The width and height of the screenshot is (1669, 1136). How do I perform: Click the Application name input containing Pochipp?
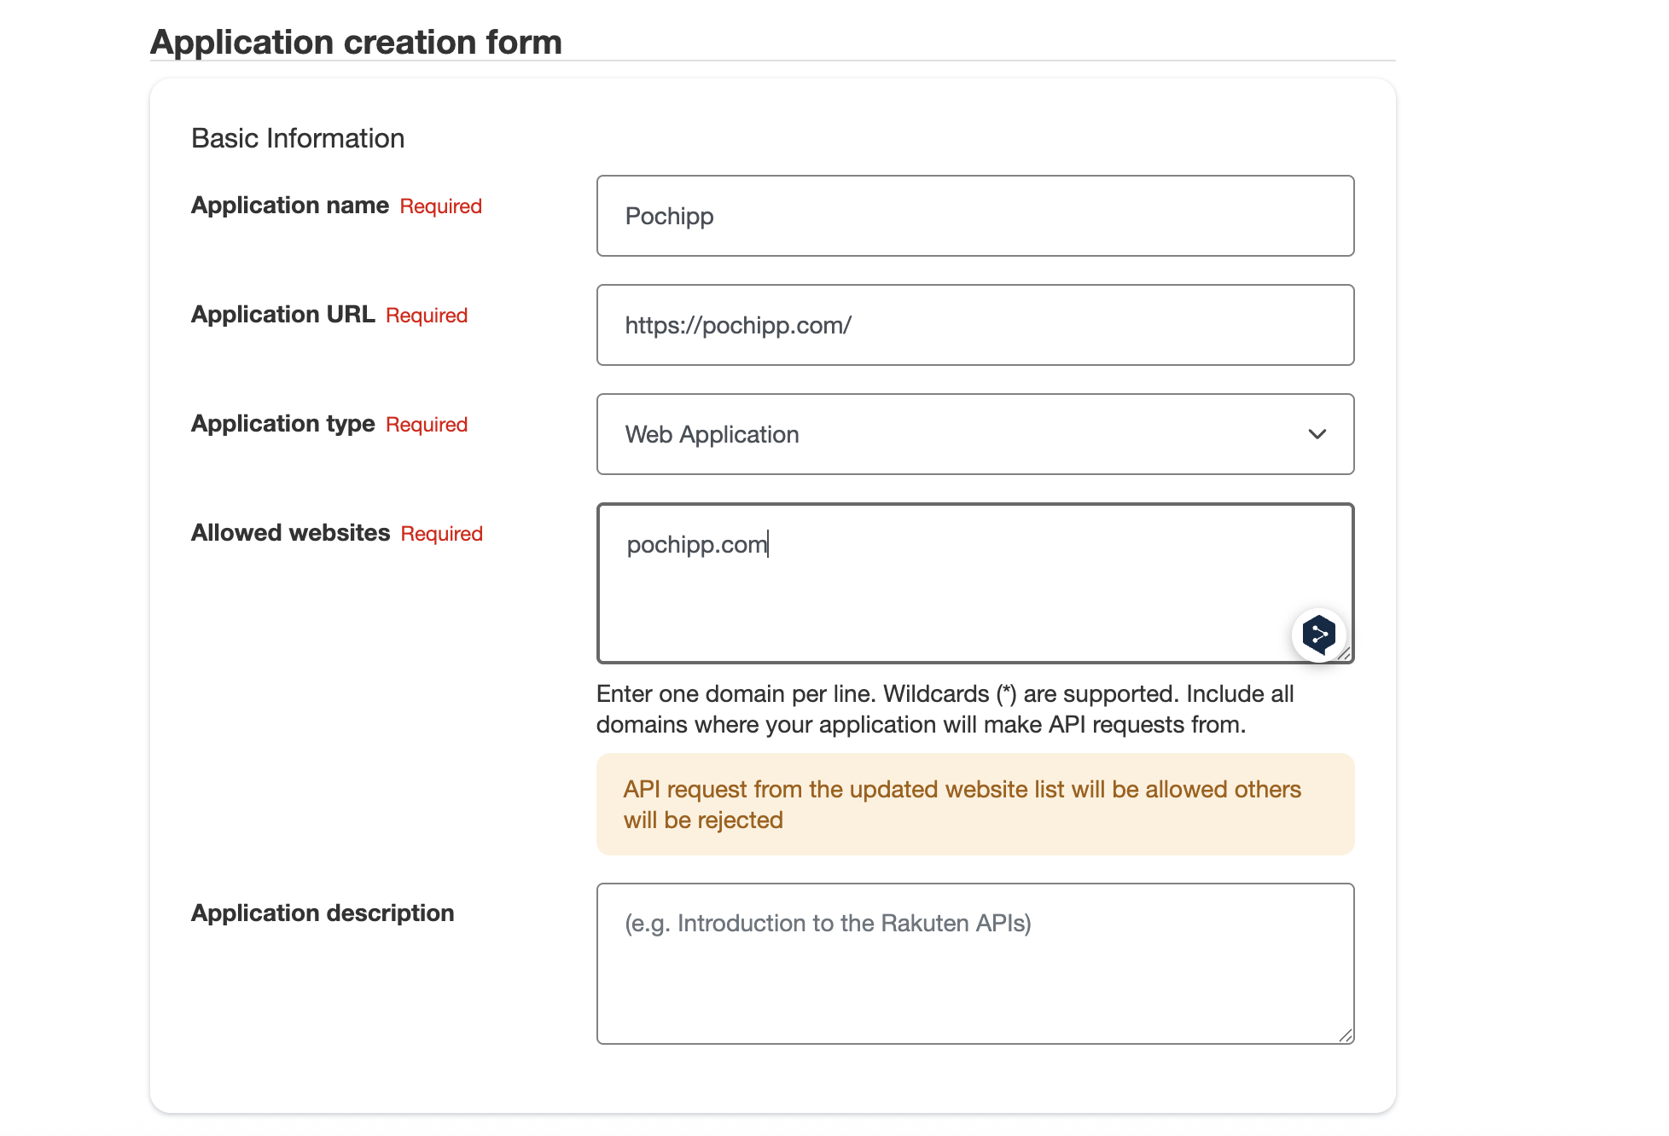974,216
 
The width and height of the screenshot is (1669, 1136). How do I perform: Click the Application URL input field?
974,325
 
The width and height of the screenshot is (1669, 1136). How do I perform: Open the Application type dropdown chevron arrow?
1317,434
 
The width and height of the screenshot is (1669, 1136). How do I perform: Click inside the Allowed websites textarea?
939,588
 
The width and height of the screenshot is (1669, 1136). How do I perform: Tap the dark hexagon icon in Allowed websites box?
1319,635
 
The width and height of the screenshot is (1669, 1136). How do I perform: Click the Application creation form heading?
356,42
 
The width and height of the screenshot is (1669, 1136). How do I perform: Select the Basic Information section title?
298,138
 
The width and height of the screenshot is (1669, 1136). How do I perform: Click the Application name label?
290,206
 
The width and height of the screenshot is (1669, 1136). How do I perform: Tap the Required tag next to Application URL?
427,316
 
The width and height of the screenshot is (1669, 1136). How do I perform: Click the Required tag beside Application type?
427,425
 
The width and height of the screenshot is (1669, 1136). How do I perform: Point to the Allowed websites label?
290,533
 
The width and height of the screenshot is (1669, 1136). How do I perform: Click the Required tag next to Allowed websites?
442,534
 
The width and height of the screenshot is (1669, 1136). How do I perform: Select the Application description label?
323,913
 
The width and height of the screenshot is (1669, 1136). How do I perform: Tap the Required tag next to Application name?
441,206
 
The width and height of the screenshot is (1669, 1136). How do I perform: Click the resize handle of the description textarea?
1346,1035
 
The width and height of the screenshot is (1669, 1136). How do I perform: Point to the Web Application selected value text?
712,435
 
